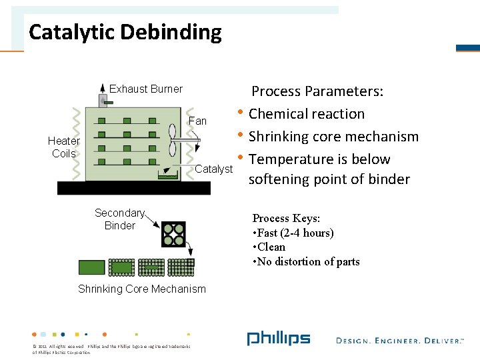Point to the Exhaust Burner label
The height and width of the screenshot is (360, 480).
(145, 89)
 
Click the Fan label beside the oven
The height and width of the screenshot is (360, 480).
(198, 121)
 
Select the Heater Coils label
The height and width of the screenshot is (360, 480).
(64, 147)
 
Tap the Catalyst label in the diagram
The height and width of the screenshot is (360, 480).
(213, 169)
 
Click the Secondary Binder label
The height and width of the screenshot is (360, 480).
(120, 219)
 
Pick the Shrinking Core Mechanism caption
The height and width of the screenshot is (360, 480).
(142, 289)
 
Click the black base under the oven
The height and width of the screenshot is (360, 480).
(133, 188)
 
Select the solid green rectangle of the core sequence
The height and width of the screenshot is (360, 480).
(92, 267)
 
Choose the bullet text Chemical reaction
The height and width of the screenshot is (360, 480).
(307, 114)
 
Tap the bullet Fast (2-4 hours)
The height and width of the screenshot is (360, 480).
(293, 233)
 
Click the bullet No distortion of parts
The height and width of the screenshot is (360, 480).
(306, 261)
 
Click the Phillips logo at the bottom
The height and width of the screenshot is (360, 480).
(278, 339)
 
